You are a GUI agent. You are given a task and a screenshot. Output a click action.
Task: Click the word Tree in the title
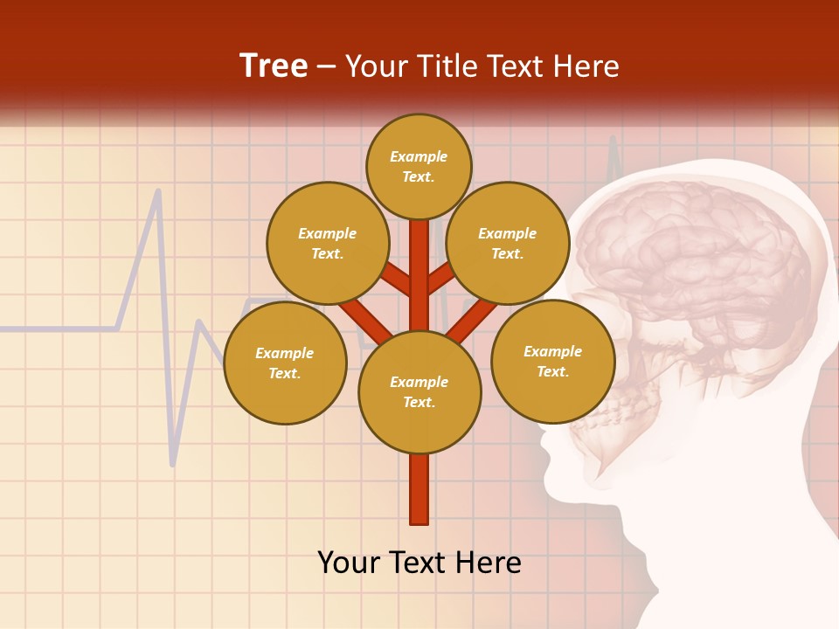[274, 66]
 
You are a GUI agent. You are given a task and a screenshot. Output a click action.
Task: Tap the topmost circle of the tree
[419, 166]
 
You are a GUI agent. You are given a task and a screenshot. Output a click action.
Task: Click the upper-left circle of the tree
[327, 243]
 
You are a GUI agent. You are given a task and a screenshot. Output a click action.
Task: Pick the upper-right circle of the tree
[507, 243]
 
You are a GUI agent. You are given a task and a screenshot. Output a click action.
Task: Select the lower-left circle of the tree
[284, 363]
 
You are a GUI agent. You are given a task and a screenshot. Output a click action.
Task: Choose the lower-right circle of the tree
[552, 361]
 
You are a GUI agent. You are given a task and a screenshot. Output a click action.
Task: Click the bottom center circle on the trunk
[419, 391]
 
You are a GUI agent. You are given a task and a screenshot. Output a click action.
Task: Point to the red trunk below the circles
[419, 489]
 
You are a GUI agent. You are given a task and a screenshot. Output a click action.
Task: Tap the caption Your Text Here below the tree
[419, 563]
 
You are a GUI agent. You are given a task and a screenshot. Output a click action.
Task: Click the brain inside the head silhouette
[690, 262]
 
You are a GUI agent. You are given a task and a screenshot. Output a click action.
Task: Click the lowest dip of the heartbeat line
[173, 464]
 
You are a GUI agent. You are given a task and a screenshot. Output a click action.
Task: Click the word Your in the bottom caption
[350, 563]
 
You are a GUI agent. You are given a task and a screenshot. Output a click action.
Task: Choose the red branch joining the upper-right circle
[440, 280]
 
